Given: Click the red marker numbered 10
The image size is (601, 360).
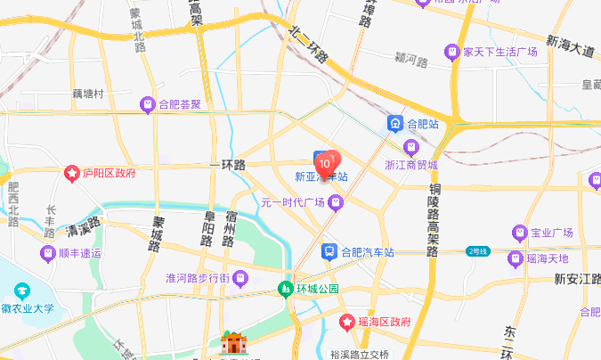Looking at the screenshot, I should coord(327,162).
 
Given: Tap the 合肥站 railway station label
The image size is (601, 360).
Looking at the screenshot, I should coord(422,123).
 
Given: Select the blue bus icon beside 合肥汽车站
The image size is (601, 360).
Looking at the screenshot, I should coord(329,252).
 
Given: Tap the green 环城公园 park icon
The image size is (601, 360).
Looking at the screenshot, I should coord(285,289).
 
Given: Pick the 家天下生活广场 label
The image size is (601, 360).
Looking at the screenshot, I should coord(499,52).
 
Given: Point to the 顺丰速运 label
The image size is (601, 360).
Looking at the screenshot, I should coord(81,253).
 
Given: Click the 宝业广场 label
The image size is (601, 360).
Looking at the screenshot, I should coord(550,233).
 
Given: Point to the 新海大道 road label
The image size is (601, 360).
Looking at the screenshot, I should coord(571,46).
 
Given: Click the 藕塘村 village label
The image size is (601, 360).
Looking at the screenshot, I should coord(88,94).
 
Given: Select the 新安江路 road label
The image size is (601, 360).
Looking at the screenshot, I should coord(573,279).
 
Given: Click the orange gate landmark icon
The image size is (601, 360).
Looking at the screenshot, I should coord(233,343).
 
